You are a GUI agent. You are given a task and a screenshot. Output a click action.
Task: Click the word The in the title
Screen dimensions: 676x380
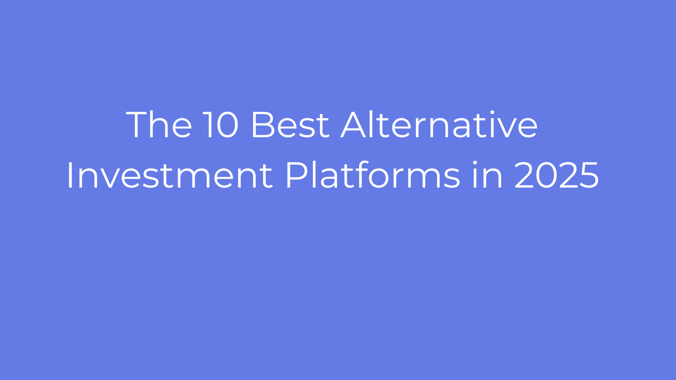click(159, 124)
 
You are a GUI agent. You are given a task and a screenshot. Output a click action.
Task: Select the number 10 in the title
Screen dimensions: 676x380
click(220, 125)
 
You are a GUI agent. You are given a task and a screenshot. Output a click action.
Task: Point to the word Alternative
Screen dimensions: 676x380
click(439, 124)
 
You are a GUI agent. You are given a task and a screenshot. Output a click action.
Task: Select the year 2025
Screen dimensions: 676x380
click(557, 175)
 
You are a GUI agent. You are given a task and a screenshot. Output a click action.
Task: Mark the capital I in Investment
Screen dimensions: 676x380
click(70, 175)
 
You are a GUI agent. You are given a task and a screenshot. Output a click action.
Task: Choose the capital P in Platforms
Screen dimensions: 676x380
click(297, 175)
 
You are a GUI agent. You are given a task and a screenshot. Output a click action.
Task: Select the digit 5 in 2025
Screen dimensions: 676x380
click(589, 175)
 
